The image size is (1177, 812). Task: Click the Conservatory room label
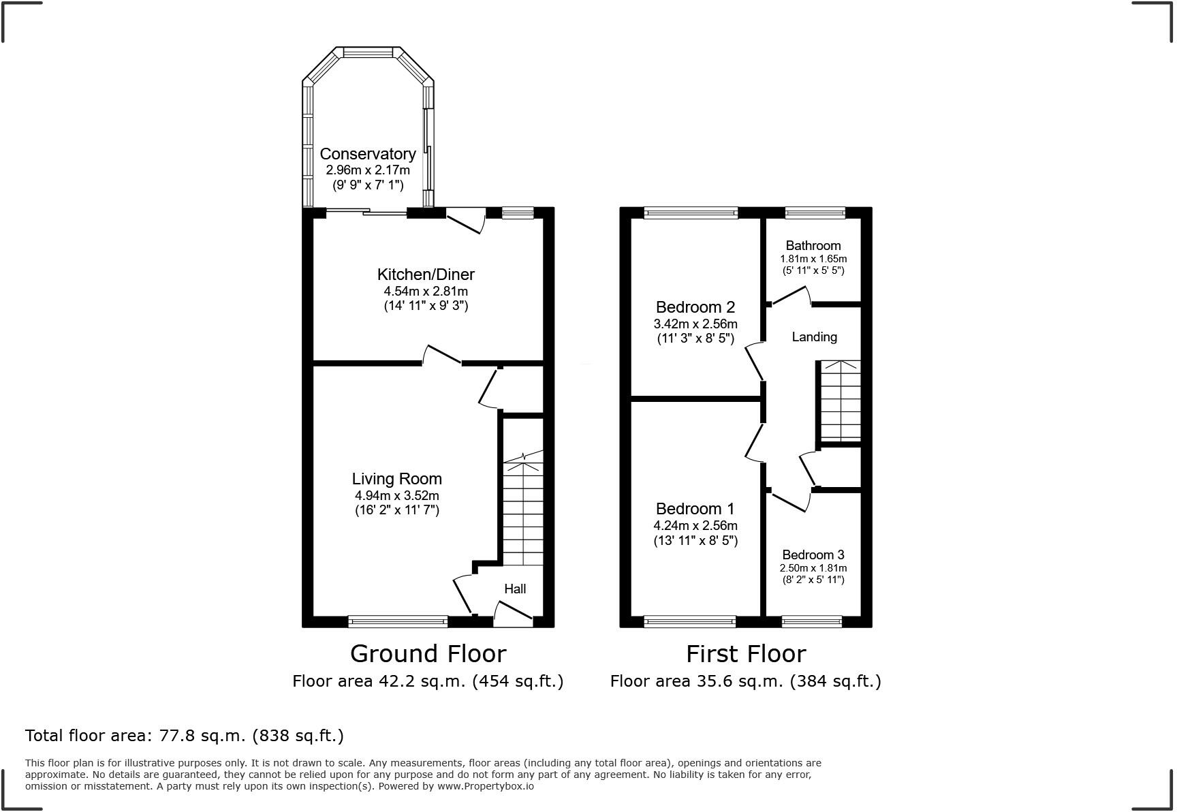point(367,154)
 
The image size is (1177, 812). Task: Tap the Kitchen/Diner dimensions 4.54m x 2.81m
point(426,292)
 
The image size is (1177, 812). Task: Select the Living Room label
point(396,479)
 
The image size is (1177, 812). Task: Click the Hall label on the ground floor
point(515,589)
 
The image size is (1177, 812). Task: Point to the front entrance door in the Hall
point(512,614)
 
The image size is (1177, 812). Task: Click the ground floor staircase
point(523,511)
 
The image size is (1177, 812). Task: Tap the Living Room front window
point(398,621)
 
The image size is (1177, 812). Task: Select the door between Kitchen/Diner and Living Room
point(442,356)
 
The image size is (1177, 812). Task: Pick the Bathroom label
point(813,245)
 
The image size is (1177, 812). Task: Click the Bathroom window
point(815,213)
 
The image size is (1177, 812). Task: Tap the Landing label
point(814,337)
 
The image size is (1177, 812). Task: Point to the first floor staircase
point(841,402)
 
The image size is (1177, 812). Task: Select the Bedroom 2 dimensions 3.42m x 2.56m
point(695,324)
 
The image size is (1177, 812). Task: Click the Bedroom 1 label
point(695,509)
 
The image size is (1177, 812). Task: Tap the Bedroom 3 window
point(812,621)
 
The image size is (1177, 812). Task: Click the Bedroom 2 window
point(691,213)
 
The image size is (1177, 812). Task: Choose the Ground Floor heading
point(428,653)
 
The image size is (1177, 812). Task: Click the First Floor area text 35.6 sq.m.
point(745,681)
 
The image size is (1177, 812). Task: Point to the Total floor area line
point(184,736)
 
